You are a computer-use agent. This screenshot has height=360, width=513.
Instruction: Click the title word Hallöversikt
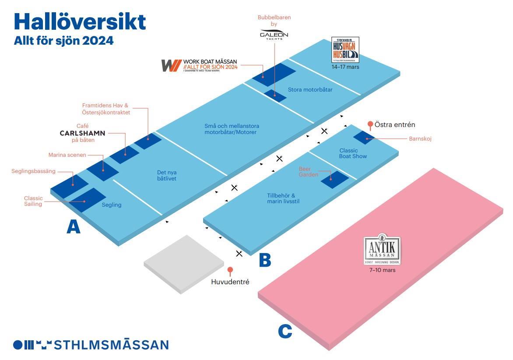[x=80, y=21]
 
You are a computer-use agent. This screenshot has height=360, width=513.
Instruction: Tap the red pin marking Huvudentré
[x=230, y=270]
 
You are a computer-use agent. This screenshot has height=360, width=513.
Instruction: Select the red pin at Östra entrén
[x=370, y=124]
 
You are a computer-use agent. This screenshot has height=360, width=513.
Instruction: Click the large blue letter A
[x=74, y=226]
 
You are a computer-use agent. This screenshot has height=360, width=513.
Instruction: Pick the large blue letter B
[x=265, y=260]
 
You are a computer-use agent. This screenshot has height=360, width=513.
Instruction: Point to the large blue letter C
[x=285, y=331]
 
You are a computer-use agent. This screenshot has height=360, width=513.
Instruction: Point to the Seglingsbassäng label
[x=33, y=171]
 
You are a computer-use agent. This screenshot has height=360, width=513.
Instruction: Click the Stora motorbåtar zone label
[x=310, y=90]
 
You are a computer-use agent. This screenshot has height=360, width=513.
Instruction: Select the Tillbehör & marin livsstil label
[x=283, y=198]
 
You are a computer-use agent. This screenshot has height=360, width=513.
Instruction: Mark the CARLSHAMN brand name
[x=83, y=133]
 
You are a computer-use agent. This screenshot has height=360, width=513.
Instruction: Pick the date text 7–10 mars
[x=382, y=270]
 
